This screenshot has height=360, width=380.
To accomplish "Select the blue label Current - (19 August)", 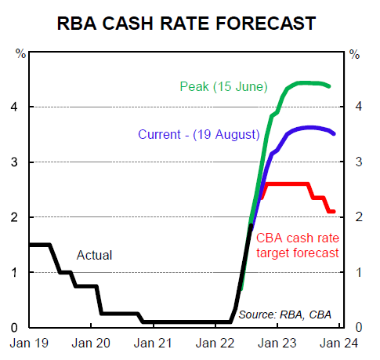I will pos(199,134).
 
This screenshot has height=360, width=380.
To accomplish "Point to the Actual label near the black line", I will pos(94,255).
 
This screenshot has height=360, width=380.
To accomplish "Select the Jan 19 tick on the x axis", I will pos(29,343).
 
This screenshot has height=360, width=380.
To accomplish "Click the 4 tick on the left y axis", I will pos(18,107).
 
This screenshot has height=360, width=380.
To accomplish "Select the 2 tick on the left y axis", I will pos(18,217).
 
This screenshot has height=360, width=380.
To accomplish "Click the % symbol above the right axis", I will pos(355,55).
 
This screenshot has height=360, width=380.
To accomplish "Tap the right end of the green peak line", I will pos(328,86).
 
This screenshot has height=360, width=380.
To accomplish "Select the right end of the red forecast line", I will pos(335,211).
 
